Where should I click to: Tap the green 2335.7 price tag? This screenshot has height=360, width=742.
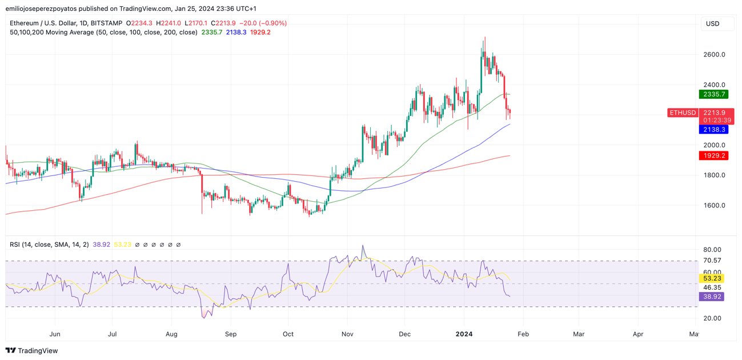tap(713, 94)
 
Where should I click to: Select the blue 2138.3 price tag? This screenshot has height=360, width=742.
tap(713, 130)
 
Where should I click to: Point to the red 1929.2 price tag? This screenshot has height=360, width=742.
tap(713, 155)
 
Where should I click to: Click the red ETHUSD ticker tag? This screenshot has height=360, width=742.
tap(683, 113)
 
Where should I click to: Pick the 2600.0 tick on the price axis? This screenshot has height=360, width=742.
tap(715, 55)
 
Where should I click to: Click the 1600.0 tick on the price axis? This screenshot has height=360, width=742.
tap(715, 206)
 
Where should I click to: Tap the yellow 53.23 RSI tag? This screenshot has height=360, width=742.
tap(712, 279)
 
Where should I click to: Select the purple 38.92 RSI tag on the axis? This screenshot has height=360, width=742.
tap(712, 297)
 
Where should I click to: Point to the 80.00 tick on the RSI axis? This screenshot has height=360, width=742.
tap(712, 250)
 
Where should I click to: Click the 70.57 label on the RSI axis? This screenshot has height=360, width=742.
tap(712, 261)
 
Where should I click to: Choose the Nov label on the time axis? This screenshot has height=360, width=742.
tap(347, 334)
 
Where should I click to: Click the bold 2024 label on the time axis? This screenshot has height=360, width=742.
tap(464, 334)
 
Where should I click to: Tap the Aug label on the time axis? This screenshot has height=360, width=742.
tap(171, 334)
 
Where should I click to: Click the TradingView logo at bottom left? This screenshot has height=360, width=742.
tap(32, 351)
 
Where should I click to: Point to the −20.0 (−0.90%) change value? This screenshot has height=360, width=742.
tap(263, 23)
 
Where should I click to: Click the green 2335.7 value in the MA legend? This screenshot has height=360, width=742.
tap(211, 33)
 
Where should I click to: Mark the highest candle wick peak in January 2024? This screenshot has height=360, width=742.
tap(485, 38)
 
